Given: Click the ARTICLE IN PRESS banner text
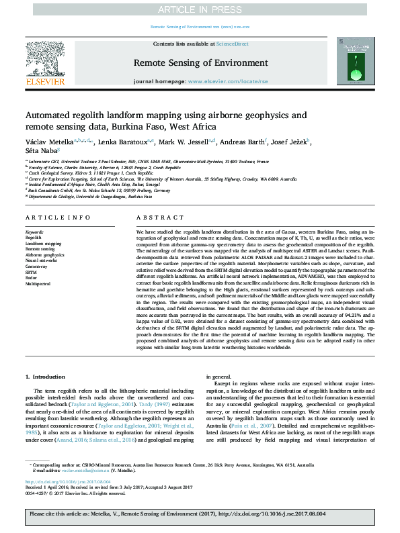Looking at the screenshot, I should (x=200, y=9).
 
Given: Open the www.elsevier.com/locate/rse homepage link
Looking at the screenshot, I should (x=225, y=81).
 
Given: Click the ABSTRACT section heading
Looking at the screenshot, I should (x=155, y=218).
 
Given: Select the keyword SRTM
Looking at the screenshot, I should (x=32, y=273).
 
